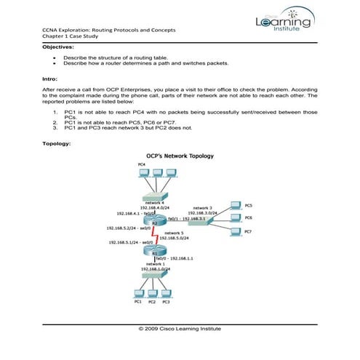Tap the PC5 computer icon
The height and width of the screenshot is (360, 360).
(x=234, y=205)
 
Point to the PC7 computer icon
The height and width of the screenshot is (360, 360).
(x=234, y=231)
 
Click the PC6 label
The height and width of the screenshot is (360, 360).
(x=248, y=217)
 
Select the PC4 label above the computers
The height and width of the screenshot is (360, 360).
(x=141, y=165)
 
